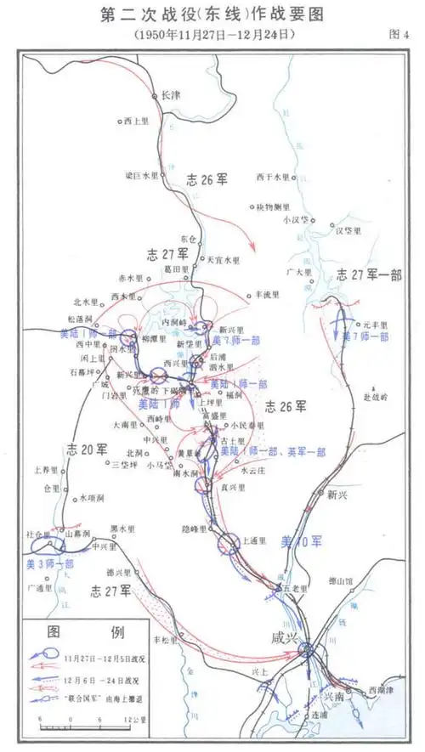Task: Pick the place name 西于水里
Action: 273,177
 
